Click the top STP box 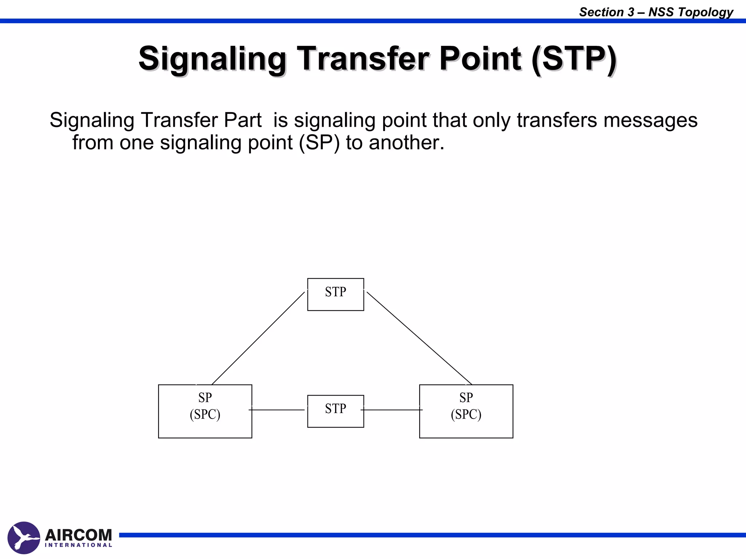[x=335, y=294]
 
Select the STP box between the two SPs [x=335, y=411]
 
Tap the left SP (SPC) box [x=205, y=411]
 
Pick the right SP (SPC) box [x=466, y=411]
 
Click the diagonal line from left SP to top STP [x=258, y=338]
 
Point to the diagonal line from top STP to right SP [x=419, y=338]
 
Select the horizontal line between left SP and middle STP [x=277, y=410]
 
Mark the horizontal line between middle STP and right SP [x=392, y=410]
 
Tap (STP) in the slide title [x=574, y=59]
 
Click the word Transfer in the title [x=364, y=59]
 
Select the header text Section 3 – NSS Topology [x=656, y=12]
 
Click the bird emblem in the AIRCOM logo [x=24, y=538]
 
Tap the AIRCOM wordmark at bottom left [x=78, y=535]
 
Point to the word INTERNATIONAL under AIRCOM [x=78, y=545]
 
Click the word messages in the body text [x=650, y=120]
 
